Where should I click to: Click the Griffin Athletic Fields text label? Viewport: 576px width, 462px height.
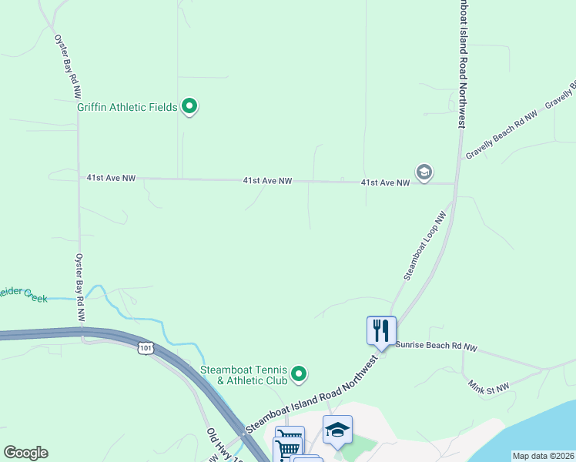(127, 107)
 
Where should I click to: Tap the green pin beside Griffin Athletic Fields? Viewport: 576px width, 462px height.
(189, 106)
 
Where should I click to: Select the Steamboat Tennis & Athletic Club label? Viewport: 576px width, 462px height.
(244, 375)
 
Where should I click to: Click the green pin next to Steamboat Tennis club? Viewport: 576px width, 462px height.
(300, 374)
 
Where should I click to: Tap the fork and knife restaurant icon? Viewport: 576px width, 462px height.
(381, 331)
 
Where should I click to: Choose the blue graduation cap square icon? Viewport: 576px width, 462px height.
(337, 430)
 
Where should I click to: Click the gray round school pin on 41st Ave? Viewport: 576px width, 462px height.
(423, 172)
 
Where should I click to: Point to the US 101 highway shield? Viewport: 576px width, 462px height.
(146, 349)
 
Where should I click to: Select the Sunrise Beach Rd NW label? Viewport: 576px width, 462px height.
(437, 348)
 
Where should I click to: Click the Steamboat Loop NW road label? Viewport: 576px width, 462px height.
(425, 246)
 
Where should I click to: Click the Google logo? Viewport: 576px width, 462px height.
(25, 453)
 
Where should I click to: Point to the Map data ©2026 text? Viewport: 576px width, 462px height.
(543, 456)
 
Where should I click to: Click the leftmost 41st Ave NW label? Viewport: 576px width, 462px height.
(111, 178)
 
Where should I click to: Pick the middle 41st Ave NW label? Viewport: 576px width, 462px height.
(267, 181)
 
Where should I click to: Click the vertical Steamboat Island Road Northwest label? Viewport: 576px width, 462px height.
(463, 62)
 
